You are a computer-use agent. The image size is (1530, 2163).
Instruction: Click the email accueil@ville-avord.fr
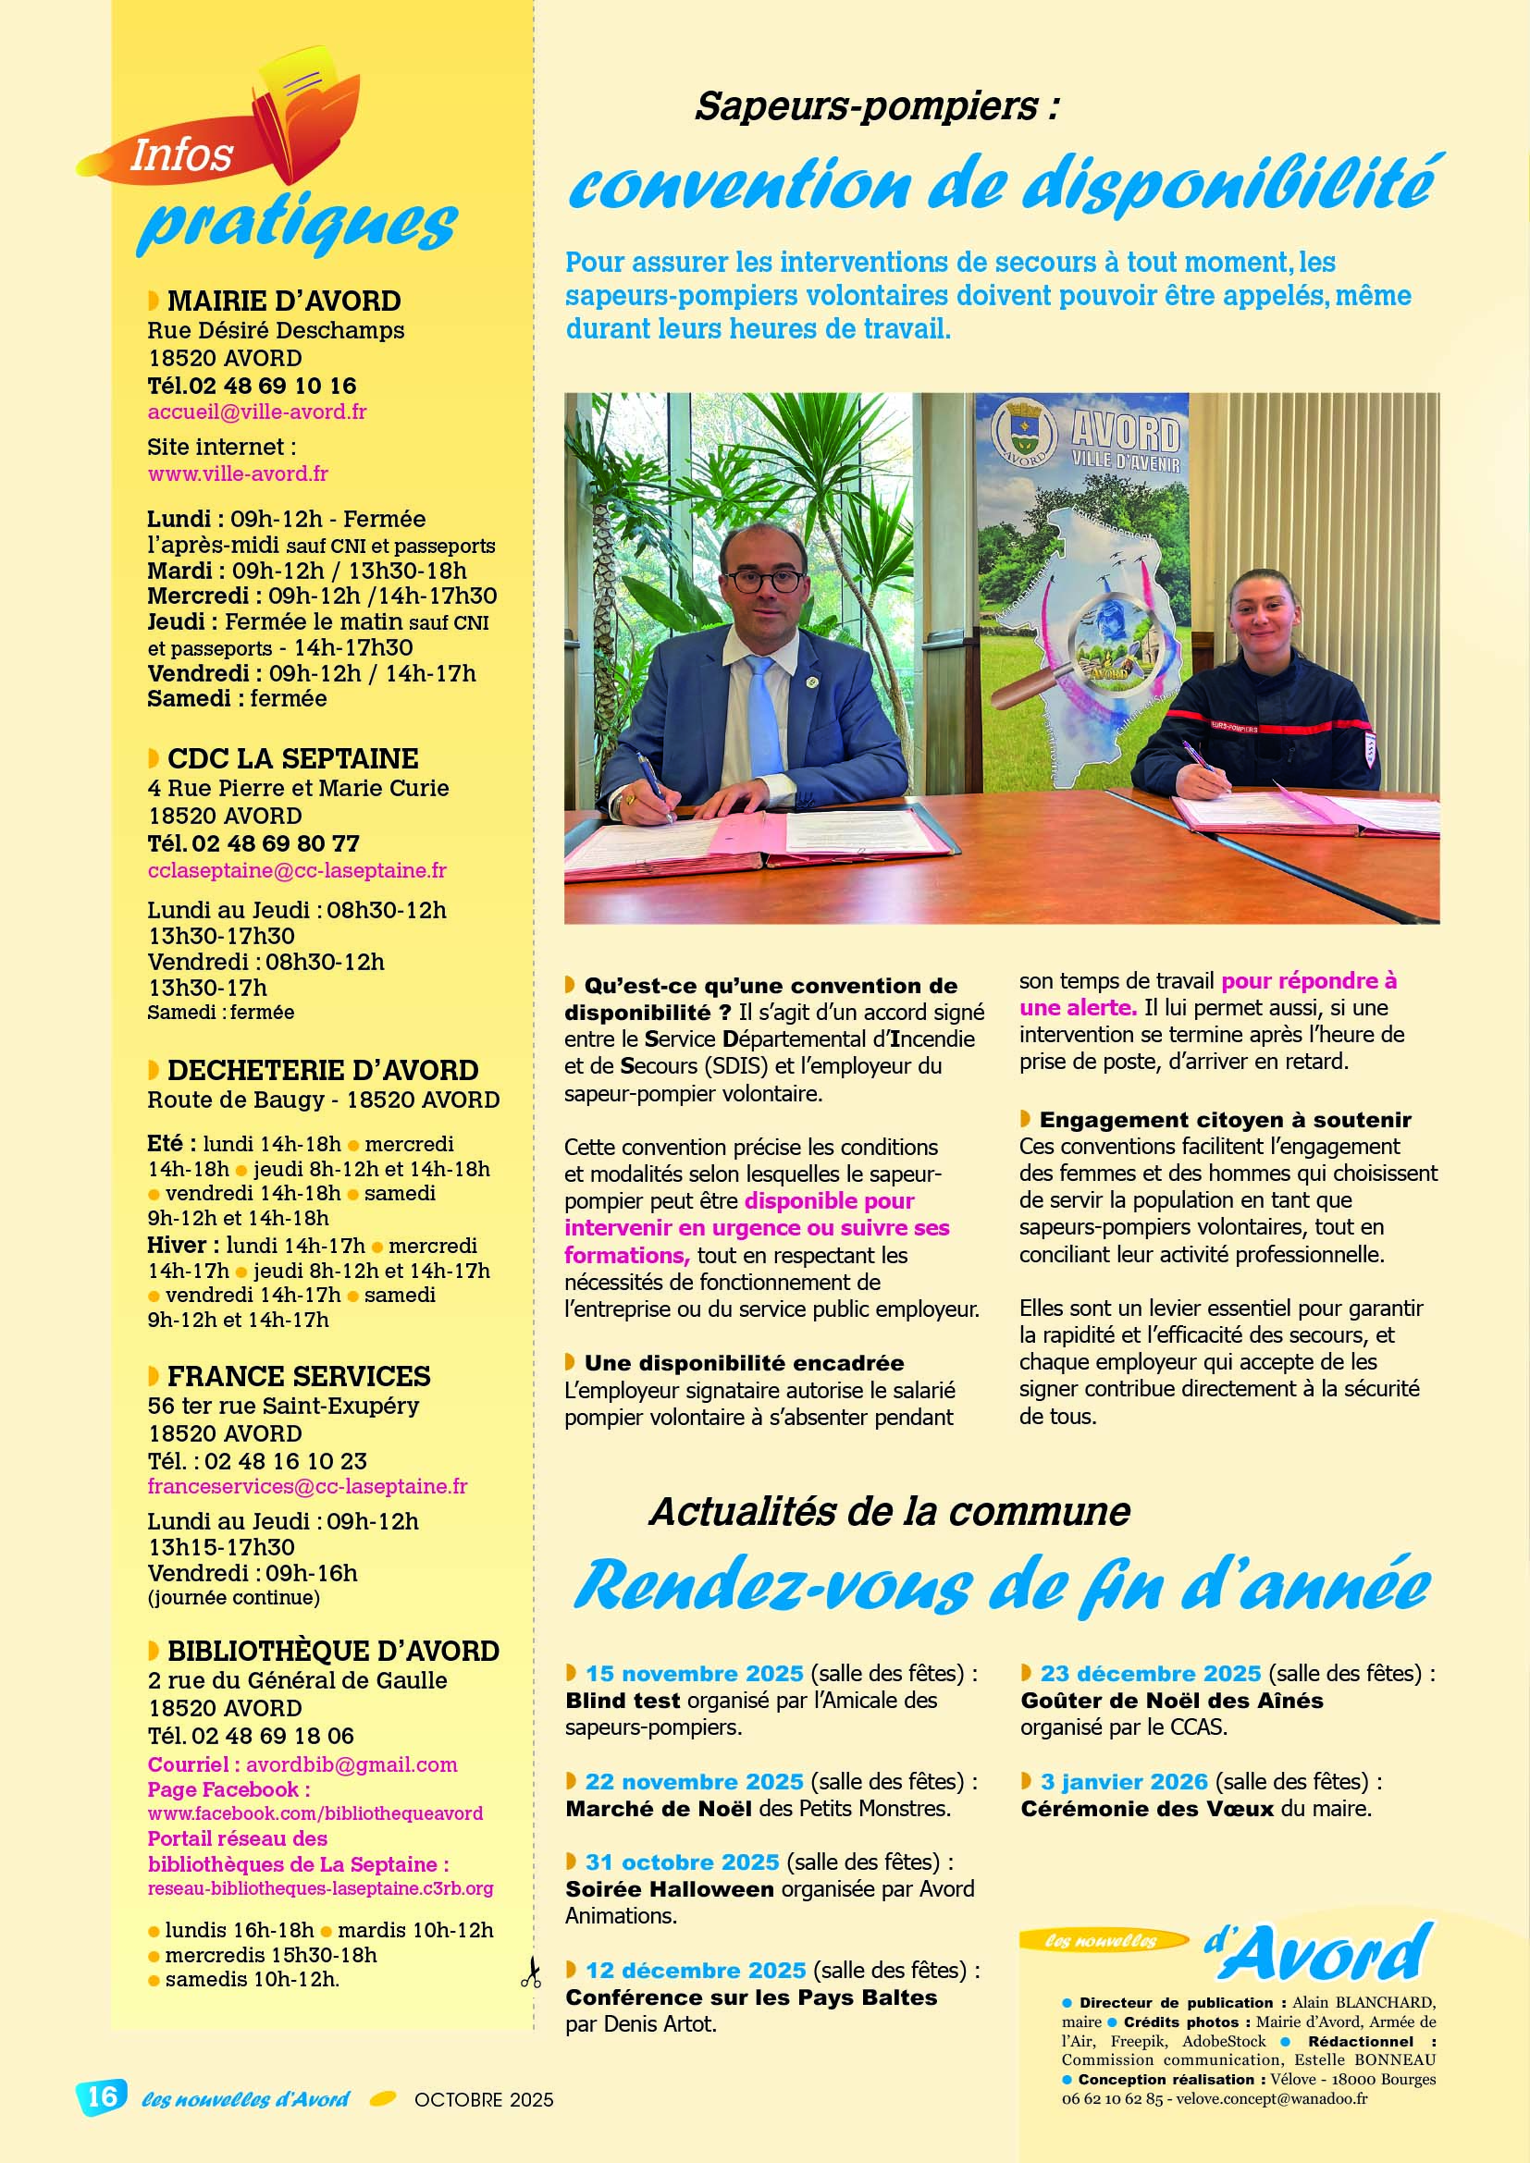pyautogui.click(x=256, y=412)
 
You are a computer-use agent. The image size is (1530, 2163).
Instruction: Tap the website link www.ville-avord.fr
pyautogui.click(x=238, y=473)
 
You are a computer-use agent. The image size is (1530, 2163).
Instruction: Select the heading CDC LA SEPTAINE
pyautogui.click(x=292, y=758)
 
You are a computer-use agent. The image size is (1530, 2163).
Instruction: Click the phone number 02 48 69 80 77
pyautogui.click(x=275, y=843)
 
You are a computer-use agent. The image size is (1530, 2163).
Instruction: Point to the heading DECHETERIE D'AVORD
pyautogui.click(x=322, y=1070)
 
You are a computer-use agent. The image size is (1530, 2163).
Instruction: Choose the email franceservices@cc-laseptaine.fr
pyautogui.click(x=307, y=1486)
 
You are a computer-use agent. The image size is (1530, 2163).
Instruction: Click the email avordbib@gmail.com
pyautogui.click(x=352, y=1764)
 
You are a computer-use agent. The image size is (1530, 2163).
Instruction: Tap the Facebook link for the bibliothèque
pyautogui.click(x=315, y=1813)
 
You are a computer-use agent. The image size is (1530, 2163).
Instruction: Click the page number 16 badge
pyautogui.click(x=102, y=2095)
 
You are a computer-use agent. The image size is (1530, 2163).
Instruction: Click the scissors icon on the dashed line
pyautogui.click(x=531, y=1972)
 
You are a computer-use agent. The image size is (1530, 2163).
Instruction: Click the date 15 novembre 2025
pyautogui.click(x=695, y=1673)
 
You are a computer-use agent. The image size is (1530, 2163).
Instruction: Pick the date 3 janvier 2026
pyautogui.click(x=1123, y=1781)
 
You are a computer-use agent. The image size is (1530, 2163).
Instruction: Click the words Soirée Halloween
pyautogui.click(x=669, y=1889)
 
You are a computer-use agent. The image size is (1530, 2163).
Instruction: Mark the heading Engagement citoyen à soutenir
pyautogui.click(x=1225, y=1119)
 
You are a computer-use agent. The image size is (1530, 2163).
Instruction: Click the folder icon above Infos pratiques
pyautogui.click(x=306, y=108)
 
